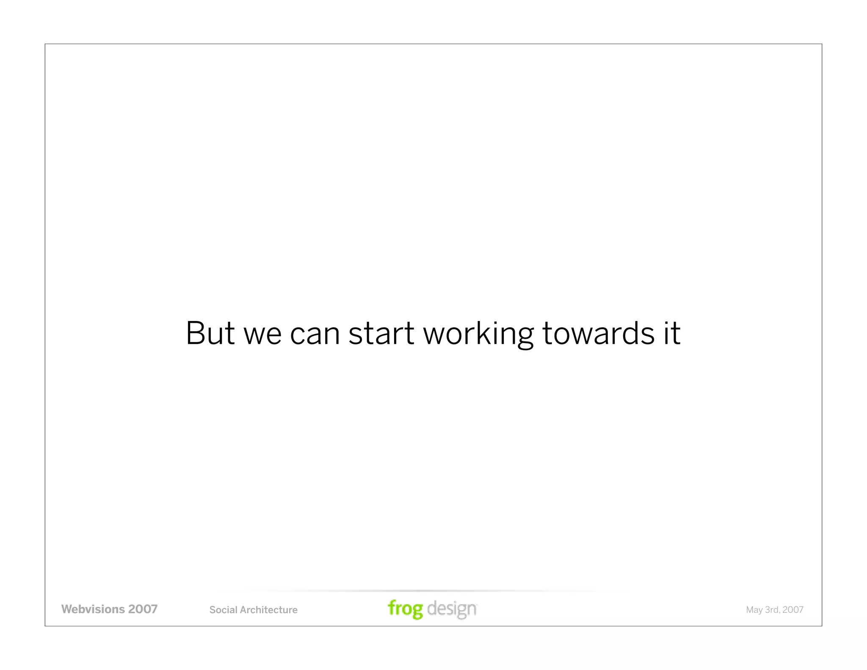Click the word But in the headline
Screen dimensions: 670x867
click(210, 333)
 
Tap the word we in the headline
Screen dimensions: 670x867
click(262, 335)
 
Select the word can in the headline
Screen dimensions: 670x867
click(315, 335)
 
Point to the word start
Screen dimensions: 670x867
click(381, 334)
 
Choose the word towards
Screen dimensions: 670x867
click(598, 333)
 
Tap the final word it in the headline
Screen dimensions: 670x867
click(672, 333)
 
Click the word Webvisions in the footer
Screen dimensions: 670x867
click(93, 609)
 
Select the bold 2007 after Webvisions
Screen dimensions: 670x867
click(143, 609)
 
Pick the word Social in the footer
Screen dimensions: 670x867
click(223, 610)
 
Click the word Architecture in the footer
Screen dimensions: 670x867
click(268, 610)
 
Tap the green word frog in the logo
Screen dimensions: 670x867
click(405, 609)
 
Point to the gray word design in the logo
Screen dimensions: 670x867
click(452, 609)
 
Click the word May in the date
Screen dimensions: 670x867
click(754, 610)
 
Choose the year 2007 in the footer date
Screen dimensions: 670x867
click(793, 610)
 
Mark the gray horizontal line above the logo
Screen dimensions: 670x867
click(423, 591)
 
